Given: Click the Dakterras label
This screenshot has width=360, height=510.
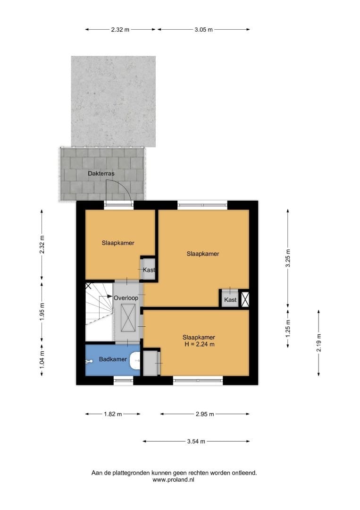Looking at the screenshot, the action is click(x=101, y=174).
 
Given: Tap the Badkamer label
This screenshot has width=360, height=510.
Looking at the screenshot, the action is click(x=113, y=359).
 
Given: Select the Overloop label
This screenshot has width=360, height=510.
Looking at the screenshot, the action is click(x=126, y=298).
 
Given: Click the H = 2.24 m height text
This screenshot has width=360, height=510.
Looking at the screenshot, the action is click(x=200, y=344).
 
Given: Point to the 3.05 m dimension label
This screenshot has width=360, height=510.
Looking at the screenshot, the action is click(x=204, y=30).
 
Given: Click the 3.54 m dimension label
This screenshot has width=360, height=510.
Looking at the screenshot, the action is click(x=196, y=442).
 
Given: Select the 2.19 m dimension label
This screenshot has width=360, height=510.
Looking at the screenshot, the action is click(x=319, y=343).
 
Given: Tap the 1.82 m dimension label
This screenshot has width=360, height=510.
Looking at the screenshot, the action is click(x=113, y=414).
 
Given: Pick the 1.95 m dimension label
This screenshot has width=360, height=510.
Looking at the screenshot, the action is click(x=42, y=312).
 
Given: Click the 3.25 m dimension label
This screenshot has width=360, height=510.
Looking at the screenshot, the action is click(x=288, y=258).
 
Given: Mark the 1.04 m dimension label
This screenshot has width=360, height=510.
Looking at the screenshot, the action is click(x=42, y=360).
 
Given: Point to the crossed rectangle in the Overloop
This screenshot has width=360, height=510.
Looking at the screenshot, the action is click(x=128, y=318).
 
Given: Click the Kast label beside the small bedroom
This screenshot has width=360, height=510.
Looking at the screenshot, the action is click(x=149, y=270).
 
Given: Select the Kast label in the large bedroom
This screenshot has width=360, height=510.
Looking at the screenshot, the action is click(x=230, y=299).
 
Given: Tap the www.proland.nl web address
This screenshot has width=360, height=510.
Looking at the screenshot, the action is click(x=173, y=479).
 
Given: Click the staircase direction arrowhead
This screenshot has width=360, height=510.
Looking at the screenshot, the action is click(x=110, y=297).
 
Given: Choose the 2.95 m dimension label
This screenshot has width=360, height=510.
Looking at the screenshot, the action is click(x=205, y=414).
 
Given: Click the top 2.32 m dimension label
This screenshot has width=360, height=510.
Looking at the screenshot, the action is click(x=120, y=30).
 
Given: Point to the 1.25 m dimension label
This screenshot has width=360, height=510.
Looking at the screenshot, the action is click(x=288, y=329).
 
